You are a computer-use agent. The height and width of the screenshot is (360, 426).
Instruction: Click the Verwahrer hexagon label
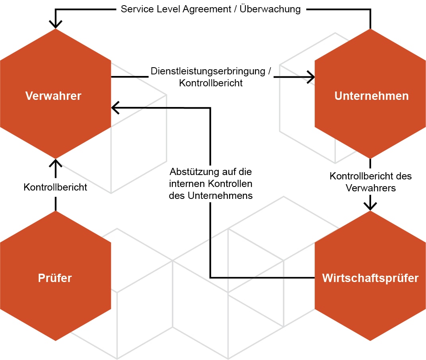[x=53, y=96]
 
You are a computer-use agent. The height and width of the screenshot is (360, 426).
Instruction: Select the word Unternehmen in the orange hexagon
[x=372, y=96]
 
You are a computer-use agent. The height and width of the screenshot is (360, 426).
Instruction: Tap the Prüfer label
[x=55, y=278]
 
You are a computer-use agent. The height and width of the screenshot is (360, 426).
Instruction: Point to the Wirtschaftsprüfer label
[x=370, y=278]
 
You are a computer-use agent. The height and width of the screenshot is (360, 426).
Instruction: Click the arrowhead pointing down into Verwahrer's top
[x=55, y=24]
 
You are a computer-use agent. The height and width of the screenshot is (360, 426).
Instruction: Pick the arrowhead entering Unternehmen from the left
[x=310, y=77]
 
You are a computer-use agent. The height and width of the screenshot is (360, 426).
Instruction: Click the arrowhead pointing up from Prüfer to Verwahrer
[x=55, y=163]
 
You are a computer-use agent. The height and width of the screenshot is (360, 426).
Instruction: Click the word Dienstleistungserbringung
[x=207, y=72]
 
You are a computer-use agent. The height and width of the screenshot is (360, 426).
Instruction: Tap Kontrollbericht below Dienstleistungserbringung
[x=211, y=83]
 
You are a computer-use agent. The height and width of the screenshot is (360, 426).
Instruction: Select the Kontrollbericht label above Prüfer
[x=55, y=187]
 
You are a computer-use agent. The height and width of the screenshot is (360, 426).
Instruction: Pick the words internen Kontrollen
[x=211, y=184]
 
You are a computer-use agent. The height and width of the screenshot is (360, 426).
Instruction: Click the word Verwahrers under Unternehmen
[x=371, y=188]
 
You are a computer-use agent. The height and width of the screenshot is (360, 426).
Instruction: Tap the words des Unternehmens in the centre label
[x=211, y=196]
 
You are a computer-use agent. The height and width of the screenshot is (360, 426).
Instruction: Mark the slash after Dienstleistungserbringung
[x=269, y=72]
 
